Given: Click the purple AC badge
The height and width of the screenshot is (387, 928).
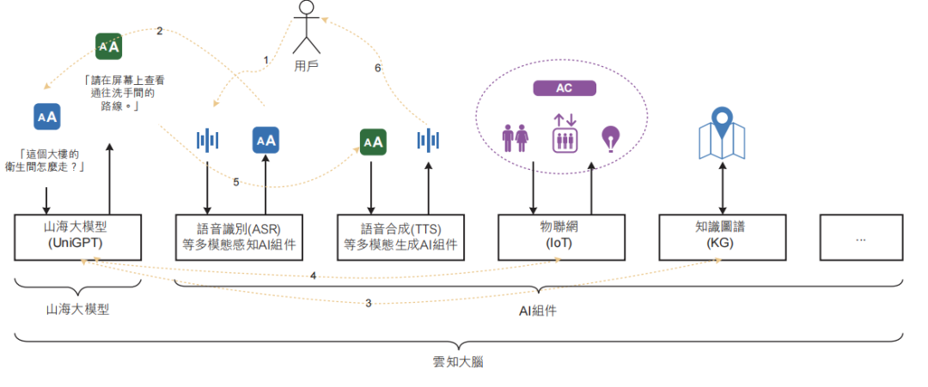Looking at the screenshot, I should tap(565, 88).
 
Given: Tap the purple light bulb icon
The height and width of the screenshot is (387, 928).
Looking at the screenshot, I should tap(610, 137).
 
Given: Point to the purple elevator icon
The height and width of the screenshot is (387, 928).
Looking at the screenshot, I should tap(564, 134).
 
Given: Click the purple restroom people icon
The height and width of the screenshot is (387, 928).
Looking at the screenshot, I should tap(515, 138).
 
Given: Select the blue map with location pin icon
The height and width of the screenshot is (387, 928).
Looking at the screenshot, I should tap(722, 134).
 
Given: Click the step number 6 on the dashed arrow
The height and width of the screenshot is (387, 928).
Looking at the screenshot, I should tap(377, 68).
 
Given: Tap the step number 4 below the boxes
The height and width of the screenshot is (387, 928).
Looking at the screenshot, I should tap(314, 276).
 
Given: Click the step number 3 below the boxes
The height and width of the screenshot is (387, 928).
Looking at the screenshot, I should tap(369, 303).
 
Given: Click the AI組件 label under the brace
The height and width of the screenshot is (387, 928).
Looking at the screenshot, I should tap(537, 311).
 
